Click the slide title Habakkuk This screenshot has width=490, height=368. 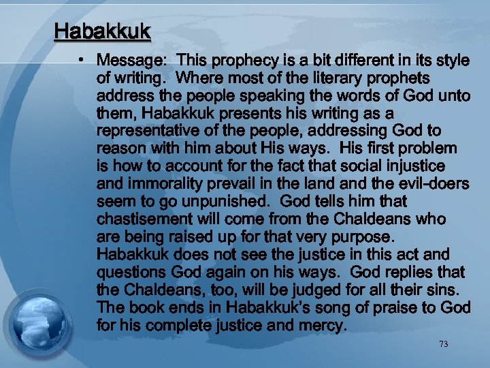(103, 32)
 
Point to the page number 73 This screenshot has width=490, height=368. (444, 344)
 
